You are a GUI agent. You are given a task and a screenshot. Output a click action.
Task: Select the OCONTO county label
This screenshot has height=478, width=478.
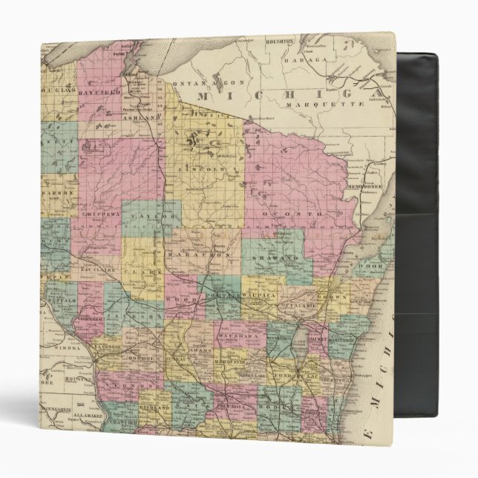[297, 214]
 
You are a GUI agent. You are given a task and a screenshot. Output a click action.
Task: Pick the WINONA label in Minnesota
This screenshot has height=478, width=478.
[65, 345]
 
